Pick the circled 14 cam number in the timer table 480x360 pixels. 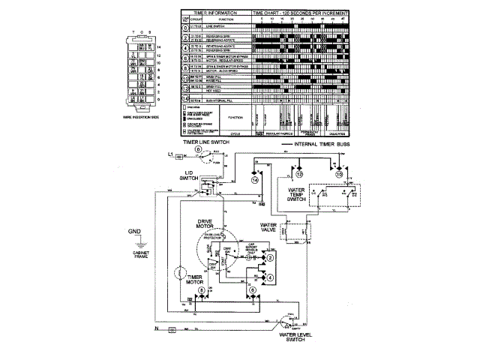click(184, 100)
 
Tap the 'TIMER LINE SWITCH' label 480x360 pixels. click(199, 141)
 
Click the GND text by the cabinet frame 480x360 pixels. click(133, 231)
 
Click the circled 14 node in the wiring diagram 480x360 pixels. click(254, 180)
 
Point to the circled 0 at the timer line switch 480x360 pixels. click(198, 150)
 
